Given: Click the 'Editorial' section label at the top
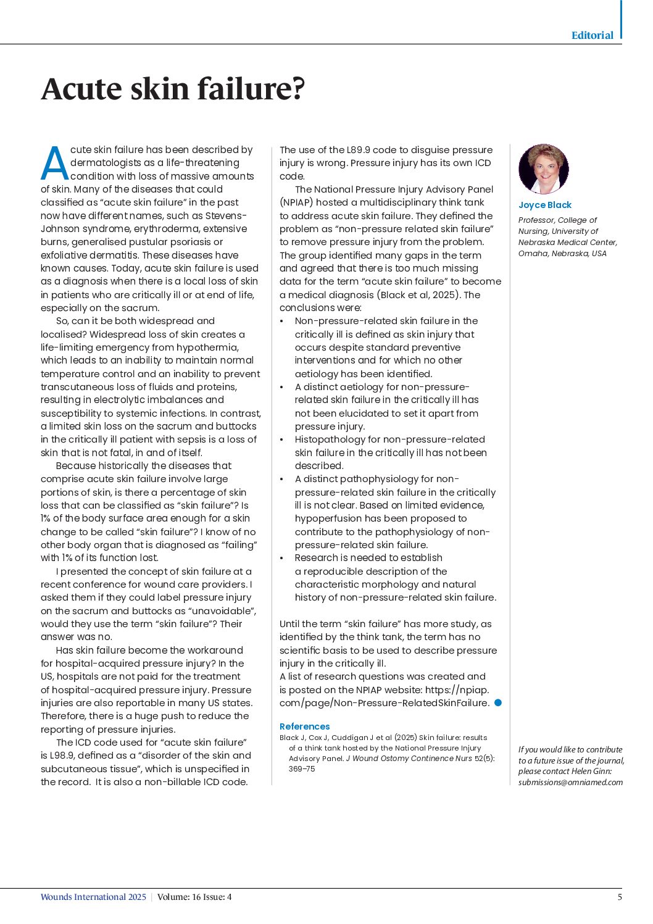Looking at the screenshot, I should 592,35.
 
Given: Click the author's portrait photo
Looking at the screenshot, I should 543,169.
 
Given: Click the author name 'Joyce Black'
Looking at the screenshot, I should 545,205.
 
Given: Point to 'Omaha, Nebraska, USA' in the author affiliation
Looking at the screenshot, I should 562,253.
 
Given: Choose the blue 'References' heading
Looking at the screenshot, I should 304,726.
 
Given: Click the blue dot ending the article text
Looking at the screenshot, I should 498,702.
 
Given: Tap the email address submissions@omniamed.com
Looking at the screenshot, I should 570,782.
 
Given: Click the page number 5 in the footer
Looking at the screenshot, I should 620,897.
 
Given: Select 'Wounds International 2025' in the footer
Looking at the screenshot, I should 93,897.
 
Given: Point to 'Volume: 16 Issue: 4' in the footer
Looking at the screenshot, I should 194,897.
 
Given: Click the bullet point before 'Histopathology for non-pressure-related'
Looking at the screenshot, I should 282,439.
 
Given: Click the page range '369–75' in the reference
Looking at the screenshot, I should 302,769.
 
